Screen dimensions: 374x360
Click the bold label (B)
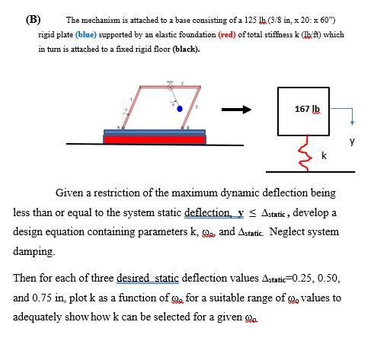click(x=35, y=18)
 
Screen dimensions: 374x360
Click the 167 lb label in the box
click(x=308, y=109)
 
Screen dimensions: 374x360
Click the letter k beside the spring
click(x=325, y=155)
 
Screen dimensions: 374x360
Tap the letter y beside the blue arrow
click(x=351, y=141)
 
